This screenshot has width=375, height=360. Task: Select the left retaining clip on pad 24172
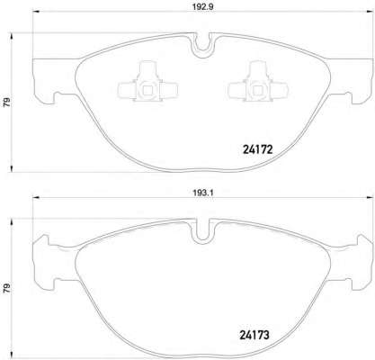(x=141, y=87)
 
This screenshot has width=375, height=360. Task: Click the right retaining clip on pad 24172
(x=252, y=87)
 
